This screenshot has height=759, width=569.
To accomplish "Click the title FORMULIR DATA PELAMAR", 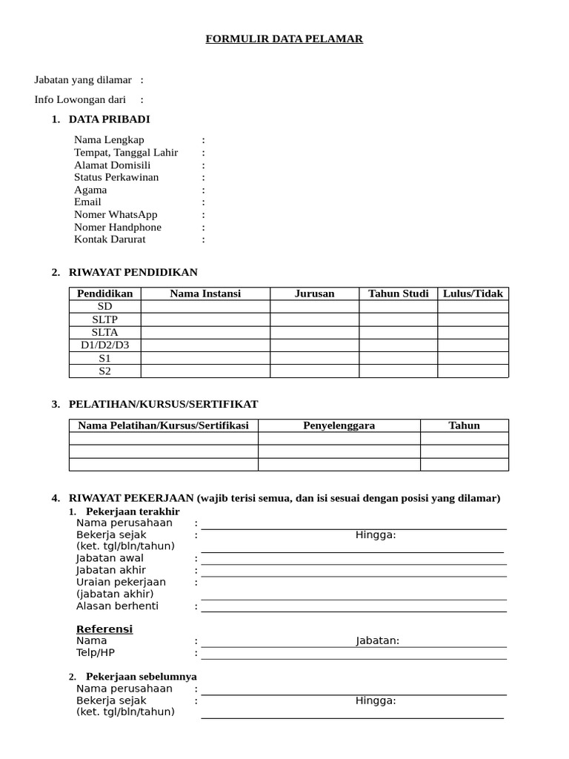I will click(284, 39).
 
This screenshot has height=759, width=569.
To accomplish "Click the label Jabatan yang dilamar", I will click(83, 80).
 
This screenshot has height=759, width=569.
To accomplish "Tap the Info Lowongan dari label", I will click(80, 100).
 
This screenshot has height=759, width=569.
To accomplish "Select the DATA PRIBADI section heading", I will click(110, 119).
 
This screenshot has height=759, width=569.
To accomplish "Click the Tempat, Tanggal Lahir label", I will click(126, 153).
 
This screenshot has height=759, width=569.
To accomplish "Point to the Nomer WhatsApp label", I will click(116, 215).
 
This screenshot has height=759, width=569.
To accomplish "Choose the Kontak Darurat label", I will click(110, 239).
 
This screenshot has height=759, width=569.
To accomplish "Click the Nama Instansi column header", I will click(205, 294).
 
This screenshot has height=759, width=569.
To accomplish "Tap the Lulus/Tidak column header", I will click(473, 294).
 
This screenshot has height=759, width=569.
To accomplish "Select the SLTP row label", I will click(104, 319).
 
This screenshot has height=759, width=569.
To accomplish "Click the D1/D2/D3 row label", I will click(104, 345).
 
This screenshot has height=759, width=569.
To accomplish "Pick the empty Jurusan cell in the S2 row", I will click(314, 371).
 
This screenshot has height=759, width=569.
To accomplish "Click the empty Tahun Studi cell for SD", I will click(398, 307).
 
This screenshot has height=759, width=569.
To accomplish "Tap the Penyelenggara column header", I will click(339, 425).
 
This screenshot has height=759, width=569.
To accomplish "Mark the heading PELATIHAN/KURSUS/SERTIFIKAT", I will click(163, 405).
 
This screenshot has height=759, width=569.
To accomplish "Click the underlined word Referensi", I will click(104, 629).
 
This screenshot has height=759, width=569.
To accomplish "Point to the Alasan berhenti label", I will click(117, 606).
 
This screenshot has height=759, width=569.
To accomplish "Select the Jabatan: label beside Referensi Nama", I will click(377, 641).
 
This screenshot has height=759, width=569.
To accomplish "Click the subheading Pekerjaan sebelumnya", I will click(141, 677).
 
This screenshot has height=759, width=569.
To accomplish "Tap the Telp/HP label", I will click(96, 653).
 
